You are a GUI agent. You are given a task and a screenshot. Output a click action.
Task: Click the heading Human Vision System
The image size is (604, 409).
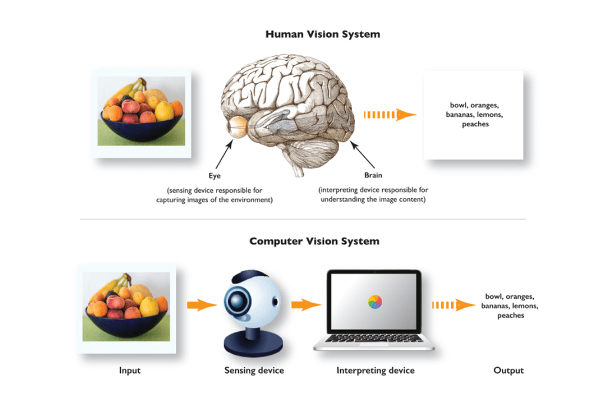point(323,34)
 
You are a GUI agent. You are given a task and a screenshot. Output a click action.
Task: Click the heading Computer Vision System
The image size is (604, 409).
point(314,241)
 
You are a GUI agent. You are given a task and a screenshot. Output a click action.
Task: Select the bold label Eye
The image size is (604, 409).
point(214,175)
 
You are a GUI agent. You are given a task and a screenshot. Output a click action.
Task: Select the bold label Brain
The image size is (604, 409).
point(373,175)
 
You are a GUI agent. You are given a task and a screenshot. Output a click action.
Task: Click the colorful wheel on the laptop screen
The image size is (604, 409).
point(375,302)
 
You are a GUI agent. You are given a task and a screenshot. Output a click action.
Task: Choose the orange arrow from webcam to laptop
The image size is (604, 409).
point(306,305)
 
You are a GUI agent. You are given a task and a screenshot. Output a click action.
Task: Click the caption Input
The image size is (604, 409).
point(130,371)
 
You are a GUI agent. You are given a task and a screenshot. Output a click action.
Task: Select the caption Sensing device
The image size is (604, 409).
point(254,371)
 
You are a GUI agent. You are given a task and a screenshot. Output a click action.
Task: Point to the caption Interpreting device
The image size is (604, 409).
point(375,371)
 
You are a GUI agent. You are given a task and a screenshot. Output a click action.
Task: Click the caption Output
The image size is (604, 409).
point(508,371)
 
